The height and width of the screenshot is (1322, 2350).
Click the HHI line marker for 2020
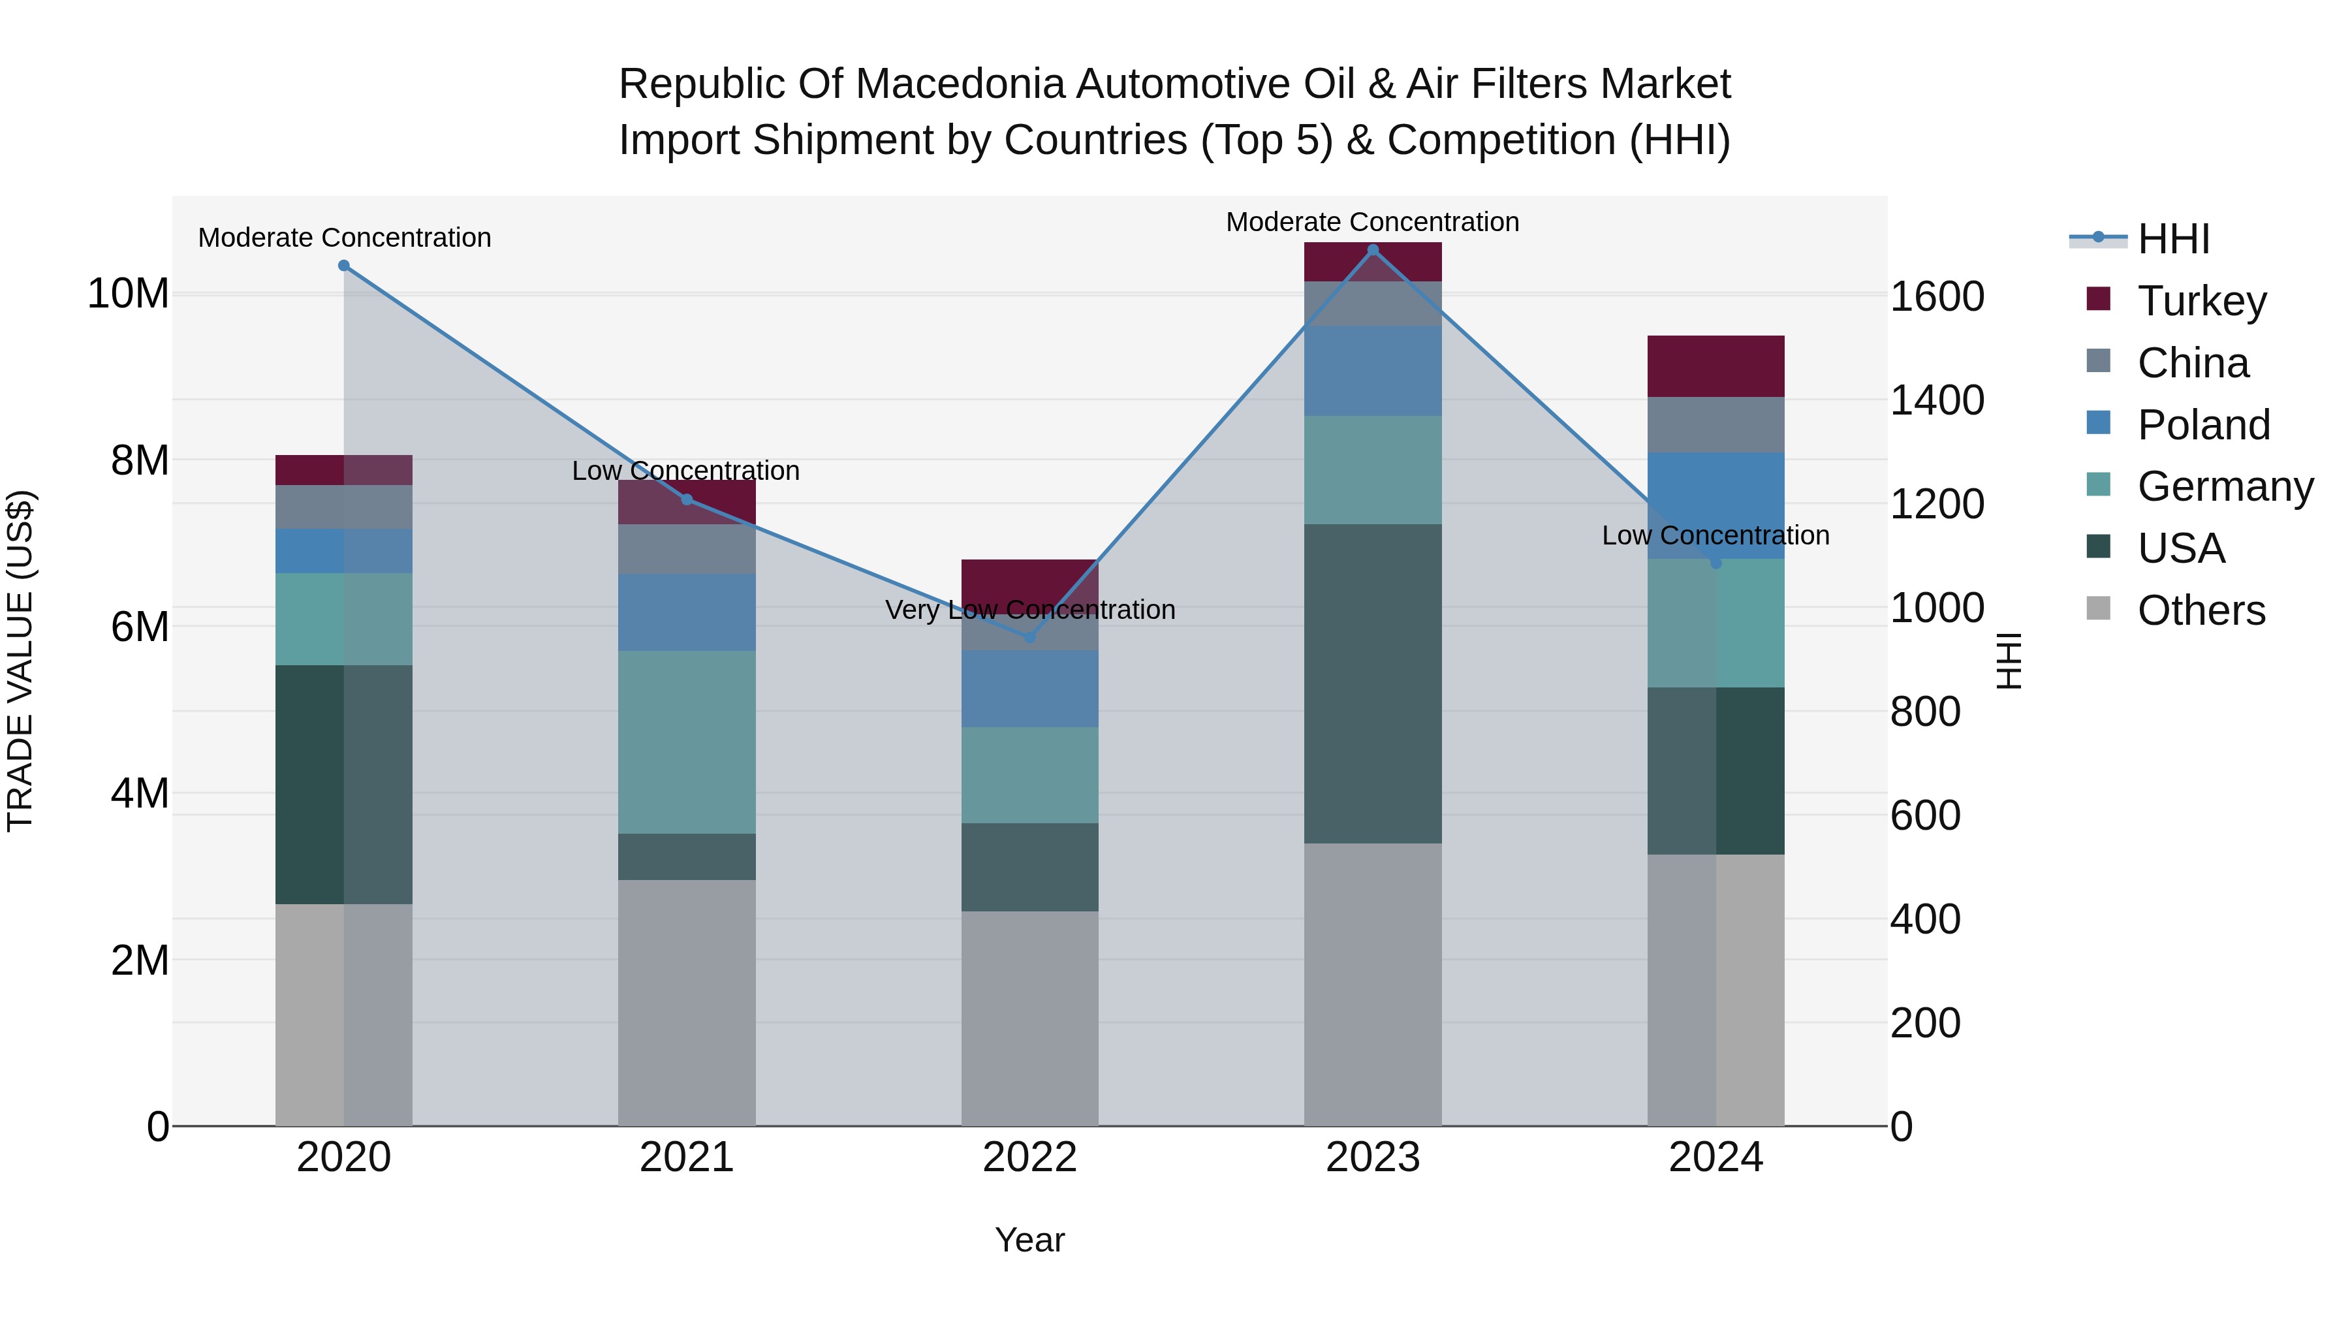tap(344, 266)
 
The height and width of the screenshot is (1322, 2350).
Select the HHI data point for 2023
tap(1373, 250)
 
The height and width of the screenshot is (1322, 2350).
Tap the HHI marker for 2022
tap(1030, 637)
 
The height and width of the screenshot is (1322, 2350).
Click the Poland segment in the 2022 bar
tap(1030, 688)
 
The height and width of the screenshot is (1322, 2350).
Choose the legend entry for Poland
tap(2202, 424)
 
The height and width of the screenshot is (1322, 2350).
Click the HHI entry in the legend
tap(2173, 239)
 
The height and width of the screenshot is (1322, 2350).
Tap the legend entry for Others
tap(2201, 610)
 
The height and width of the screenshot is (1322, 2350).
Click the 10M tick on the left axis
tap(128, 294)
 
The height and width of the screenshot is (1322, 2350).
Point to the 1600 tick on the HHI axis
tap(1937, 296)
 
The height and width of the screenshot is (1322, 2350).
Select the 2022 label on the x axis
tap(1030, 1157)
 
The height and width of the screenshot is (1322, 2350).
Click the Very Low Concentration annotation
tap(1030, 610)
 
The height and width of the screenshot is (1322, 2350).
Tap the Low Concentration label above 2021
tap(686, 471)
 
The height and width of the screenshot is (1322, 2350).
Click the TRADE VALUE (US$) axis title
tap(20, 661)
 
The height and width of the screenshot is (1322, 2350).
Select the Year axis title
tap(1030, 1240)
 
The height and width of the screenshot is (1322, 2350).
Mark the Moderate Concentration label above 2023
tap(1372, 222)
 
